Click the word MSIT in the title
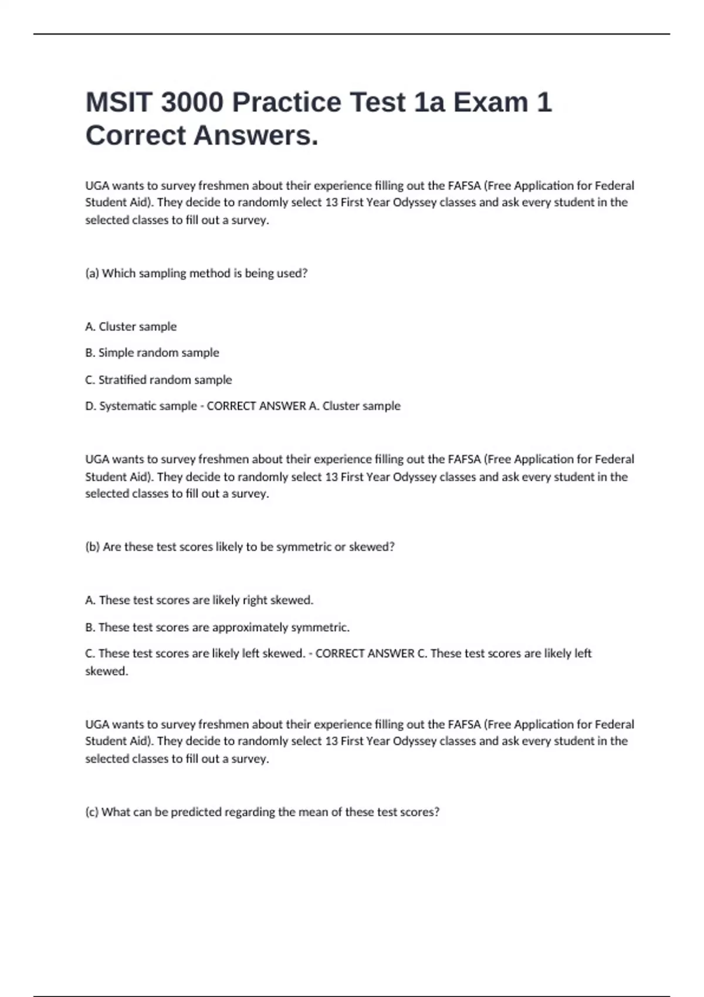(119, 102)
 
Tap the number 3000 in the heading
(192, 102)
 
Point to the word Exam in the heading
(490, 102)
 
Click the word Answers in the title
(256, 135)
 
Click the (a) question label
(92, 273)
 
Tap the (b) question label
(92, 547)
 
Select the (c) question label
(92, 812)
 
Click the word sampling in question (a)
(163, 273)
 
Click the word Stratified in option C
(123, 380)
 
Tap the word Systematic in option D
(124, 406)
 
